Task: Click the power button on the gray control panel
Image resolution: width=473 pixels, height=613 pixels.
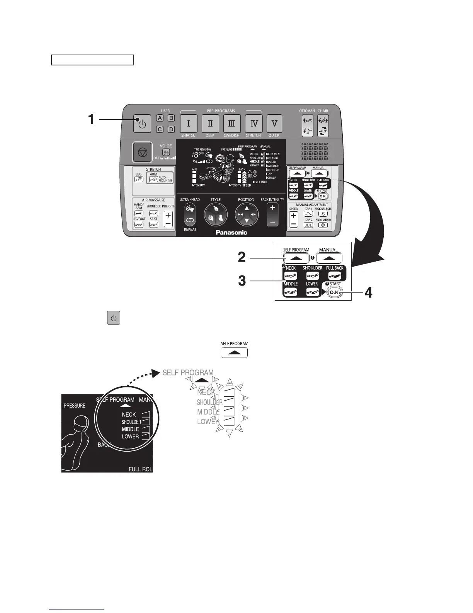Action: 142,124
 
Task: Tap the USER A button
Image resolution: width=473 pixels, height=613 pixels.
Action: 160,119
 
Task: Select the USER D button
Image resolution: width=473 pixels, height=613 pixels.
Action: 171,129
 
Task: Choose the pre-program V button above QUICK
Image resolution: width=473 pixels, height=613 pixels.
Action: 274,124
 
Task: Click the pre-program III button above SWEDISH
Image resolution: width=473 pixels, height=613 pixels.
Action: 232,124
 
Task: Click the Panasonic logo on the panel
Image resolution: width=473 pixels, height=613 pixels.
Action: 231,233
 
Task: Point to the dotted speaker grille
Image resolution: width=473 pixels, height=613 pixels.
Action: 315,151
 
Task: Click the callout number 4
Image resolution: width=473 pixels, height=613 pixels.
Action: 369,293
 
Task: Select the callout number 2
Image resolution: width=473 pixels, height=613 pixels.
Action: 242,257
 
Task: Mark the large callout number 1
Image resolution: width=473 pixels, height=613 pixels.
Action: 91,119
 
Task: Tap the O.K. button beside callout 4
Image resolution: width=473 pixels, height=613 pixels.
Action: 335,293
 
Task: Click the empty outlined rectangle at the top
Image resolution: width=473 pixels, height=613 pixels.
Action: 93,60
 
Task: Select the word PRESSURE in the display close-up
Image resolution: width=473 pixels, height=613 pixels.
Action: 75,406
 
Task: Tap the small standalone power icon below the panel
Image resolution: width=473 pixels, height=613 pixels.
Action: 114,318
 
